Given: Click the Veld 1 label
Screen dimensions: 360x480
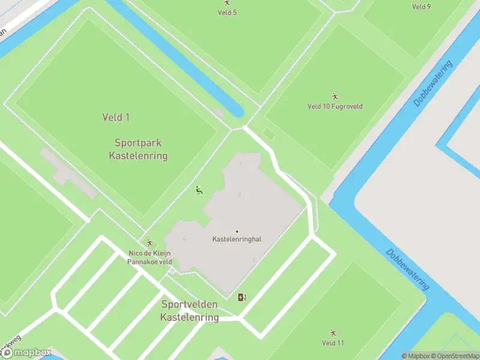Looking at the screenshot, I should pos(116,118).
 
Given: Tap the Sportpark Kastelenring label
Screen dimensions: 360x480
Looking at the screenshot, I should pos(138,149).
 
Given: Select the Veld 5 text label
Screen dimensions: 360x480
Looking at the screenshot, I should pos(227,13).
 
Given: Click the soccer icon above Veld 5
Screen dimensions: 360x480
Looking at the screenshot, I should pos(227,3).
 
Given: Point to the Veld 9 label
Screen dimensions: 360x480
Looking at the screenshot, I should pos(421,7).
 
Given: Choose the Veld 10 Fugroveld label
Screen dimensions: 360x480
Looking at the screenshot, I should pos(335,107).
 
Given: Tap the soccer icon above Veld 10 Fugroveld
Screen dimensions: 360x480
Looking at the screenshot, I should pos(335,96).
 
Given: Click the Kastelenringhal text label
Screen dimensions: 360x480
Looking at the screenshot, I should pos(237,239).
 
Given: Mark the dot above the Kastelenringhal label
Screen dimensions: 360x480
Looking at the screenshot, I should pos(237,232).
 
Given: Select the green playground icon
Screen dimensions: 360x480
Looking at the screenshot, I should pos(199,191).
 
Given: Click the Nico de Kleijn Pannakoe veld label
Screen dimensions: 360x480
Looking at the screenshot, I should pos(149,257).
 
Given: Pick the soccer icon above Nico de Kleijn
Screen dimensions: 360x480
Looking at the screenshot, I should pos(149,243).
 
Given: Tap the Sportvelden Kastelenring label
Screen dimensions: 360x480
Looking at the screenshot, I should pos(190,311).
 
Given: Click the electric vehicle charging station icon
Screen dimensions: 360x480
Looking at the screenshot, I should pos(242,297).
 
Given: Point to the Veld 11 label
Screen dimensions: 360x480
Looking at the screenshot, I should pos(333,343).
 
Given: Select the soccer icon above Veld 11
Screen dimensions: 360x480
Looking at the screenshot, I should pos(333,332).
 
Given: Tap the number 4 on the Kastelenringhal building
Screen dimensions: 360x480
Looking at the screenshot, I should pos(184,239).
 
